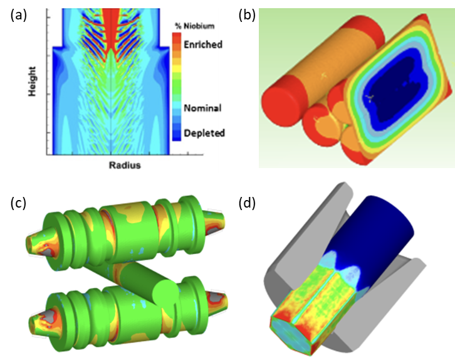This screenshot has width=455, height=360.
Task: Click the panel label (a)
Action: click(18, 15)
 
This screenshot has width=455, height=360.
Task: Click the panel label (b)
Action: click(247, 15)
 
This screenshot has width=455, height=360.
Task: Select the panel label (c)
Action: click(18, 203)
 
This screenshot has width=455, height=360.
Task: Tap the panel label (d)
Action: click(247, 203)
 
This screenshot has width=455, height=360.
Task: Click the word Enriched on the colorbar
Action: click(203, 45)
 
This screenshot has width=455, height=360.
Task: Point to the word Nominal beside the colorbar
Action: click(202, 108)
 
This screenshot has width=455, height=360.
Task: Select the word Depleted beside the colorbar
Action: click(204, 133)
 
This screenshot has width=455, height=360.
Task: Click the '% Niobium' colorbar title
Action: click(195, 26)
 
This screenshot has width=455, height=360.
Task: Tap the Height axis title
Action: click(32, 82)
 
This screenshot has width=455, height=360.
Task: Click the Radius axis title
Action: click(125, 165)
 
